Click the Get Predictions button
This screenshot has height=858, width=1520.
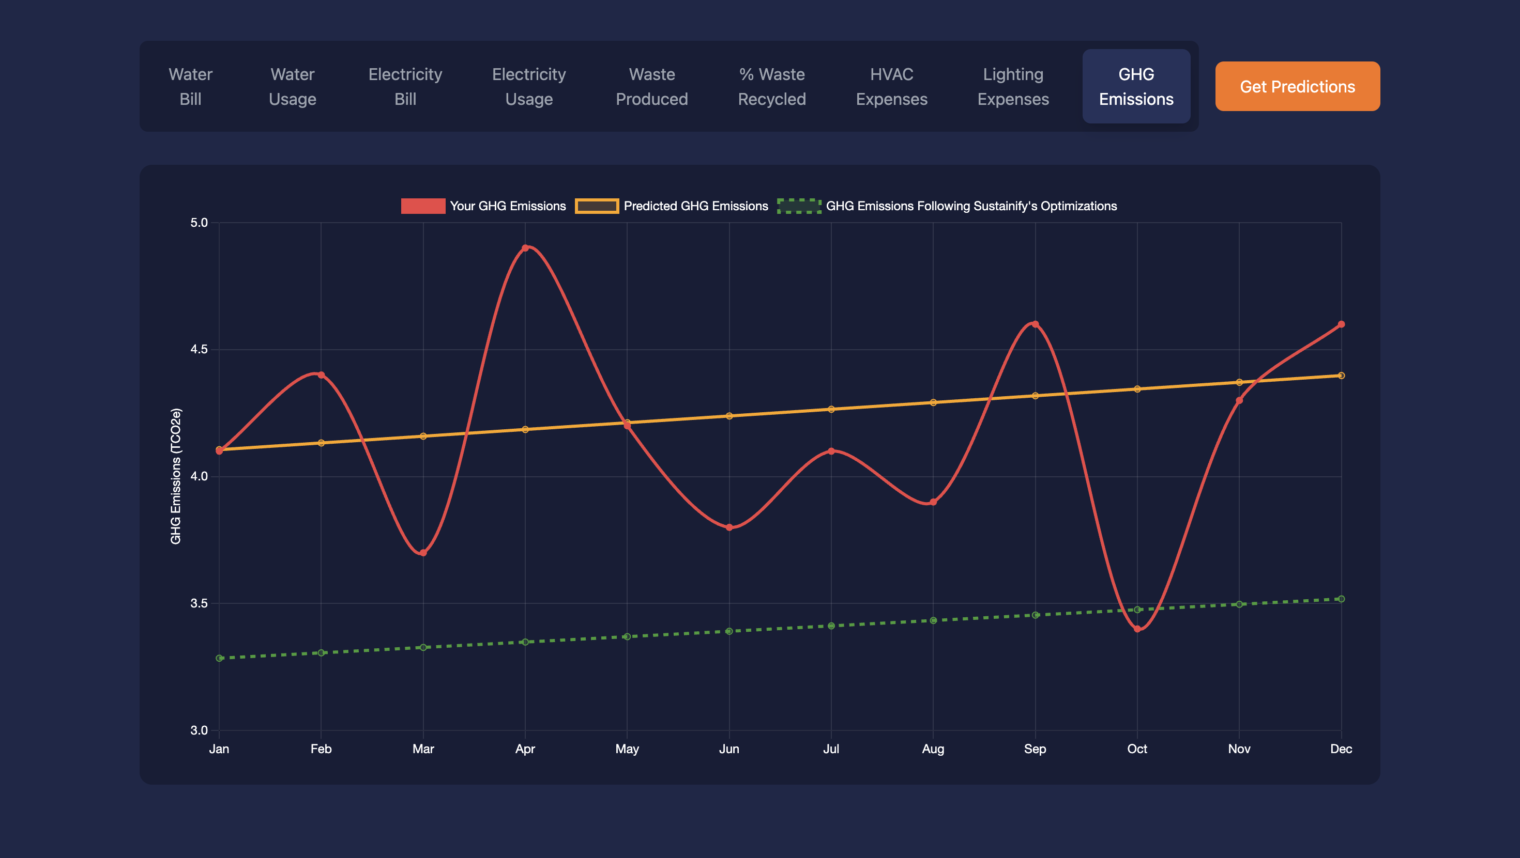(x=1297, y=86)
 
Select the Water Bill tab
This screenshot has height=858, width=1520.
(x=190, y=86)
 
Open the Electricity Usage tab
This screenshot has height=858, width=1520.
(x=529, y=86)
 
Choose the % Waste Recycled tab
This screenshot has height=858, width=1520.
(x=772, y=86)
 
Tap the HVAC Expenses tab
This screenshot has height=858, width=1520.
(x=892, y=86)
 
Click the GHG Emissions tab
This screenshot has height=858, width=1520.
(x=1136, y=86)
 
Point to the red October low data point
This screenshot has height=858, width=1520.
(x=1137, y=629)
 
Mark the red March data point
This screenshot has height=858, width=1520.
(x=423, y=553)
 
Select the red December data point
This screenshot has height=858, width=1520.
(x=1341, y=324)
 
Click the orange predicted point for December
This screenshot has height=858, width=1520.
(x=1341, y=376)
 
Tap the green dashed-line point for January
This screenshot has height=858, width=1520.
(x=220, y=658)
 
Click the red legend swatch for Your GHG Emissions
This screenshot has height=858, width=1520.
(x=423, y=206)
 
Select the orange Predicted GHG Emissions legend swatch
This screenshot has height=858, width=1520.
(x=597, y=206)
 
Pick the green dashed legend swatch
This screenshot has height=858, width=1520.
(x=799, y=206)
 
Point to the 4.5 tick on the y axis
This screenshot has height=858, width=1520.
(x=199, y=350)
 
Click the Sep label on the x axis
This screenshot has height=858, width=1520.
(x=1035, y=749)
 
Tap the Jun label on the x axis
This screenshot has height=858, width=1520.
(x=729, y=749)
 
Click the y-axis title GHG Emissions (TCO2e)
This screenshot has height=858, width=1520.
(x=176, y=476)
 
